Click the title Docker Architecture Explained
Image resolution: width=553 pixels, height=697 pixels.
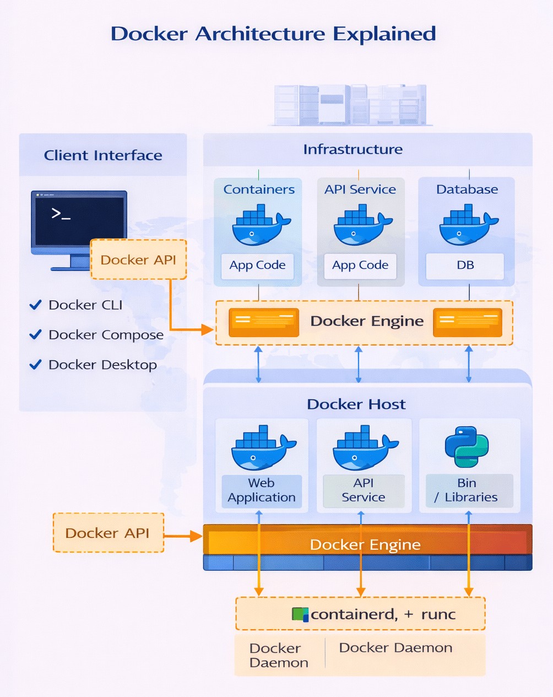[x=273, y=34]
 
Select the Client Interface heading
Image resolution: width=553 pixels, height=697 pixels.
[x=103, y=155]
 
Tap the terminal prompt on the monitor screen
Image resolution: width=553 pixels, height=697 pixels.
[x=61, y=214]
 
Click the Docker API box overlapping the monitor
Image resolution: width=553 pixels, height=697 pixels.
[x=138, y=260]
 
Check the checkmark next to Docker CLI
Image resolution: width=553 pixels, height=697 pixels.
[x=36, y=305]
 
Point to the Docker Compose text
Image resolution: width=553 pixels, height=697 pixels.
[x=106, y=335]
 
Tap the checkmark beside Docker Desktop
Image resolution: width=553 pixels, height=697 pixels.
[x=36, y=364]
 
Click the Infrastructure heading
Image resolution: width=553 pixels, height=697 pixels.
[x=353, y=149]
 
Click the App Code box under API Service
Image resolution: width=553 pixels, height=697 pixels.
[x=360, y=266]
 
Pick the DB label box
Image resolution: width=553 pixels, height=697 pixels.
[x=465, y=266]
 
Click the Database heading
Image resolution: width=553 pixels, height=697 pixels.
[x=467, y=190]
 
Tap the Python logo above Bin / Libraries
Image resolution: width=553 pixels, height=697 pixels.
[x=467, y=447]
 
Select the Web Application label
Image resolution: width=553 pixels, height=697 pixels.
[x=262, y=490]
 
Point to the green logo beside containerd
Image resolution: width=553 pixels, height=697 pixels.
[x=300, y=614]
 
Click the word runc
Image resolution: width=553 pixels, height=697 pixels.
[x=438, y=614]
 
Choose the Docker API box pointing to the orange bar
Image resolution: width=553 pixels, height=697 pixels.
[x=108, y=533]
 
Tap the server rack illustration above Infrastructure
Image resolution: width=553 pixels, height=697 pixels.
[x=350, y=105]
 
